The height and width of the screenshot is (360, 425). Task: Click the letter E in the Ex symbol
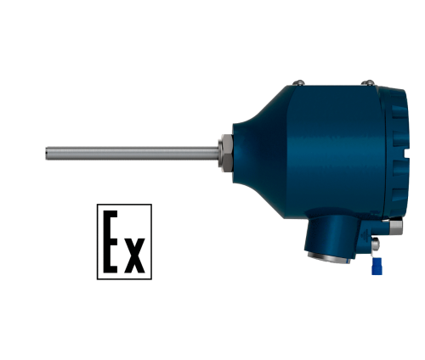[110, 241]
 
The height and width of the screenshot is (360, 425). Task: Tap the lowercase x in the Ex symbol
[135, 256]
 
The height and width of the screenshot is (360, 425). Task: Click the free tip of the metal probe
[47, 153]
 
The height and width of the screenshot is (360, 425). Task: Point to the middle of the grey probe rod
[133, 153]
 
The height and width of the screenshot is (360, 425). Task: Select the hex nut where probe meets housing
[226, 153]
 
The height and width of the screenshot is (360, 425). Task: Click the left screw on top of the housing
[298, 82]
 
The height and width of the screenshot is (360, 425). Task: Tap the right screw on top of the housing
[368, 82]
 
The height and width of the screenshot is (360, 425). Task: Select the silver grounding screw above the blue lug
[376, 244]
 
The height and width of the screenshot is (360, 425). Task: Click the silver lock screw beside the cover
[396, 227]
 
